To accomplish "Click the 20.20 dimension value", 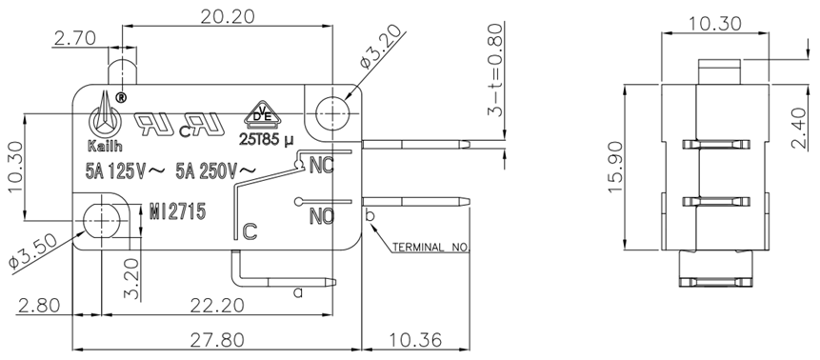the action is [228, 17].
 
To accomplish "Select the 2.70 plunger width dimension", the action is [75, 38].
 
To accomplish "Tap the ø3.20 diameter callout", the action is [382, 48].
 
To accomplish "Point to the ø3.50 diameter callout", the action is [32, 252].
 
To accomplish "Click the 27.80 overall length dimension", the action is [217, 341].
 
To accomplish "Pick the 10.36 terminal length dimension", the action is [414, 341].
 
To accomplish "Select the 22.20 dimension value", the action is [217, 306].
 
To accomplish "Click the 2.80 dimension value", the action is [38, 306].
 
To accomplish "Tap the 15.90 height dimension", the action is [617, 168].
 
